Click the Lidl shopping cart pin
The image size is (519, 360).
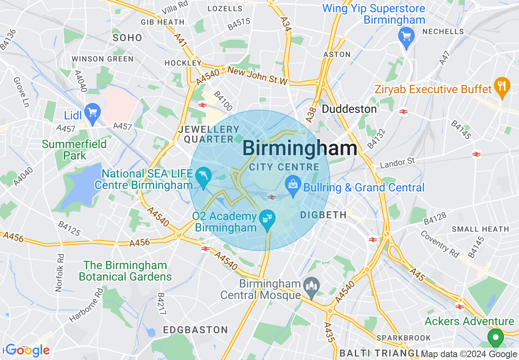(93, 112)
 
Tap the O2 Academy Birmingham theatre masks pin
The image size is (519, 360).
(267, 219)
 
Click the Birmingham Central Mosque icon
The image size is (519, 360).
(311, 287)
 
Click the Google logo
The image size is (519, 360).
(28, 350)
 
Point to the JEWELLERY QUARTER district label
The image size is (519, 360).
(209, 134)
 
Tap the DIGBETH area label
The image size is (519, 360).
(323, 215)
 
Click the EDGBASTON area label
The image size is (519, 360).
(195, 330)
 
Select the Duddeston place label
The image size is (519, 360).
(349, 109)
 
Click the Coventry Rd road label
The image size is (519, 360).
(440, 244)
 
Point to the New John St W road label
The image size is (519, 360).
(258, 76)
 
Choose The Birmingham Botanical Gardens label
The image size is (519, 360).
(125, 271)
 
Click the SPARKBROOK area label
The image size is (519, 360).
(404, 338)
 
